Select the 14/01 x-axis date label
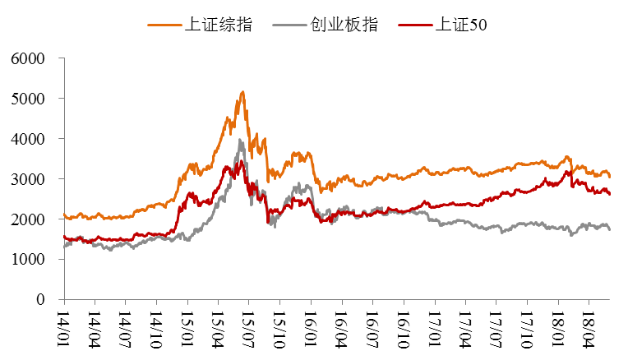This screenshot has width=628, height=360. (64, 326)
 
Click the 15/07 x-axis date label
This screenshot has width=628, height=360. (248, 326)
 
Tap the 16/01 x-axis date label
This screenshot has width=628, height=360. (310, 326)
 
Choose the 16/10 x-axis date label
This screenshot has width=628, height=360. (403, 326)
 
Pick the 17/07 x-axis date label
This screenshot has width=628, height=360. (495, 326)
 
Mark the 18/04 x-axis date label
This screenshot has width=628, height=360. (588, 326)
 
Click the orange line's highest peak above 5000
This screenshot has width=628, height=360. (242, 92)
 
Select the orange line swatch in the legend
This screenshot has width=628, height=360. (163, 25)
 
